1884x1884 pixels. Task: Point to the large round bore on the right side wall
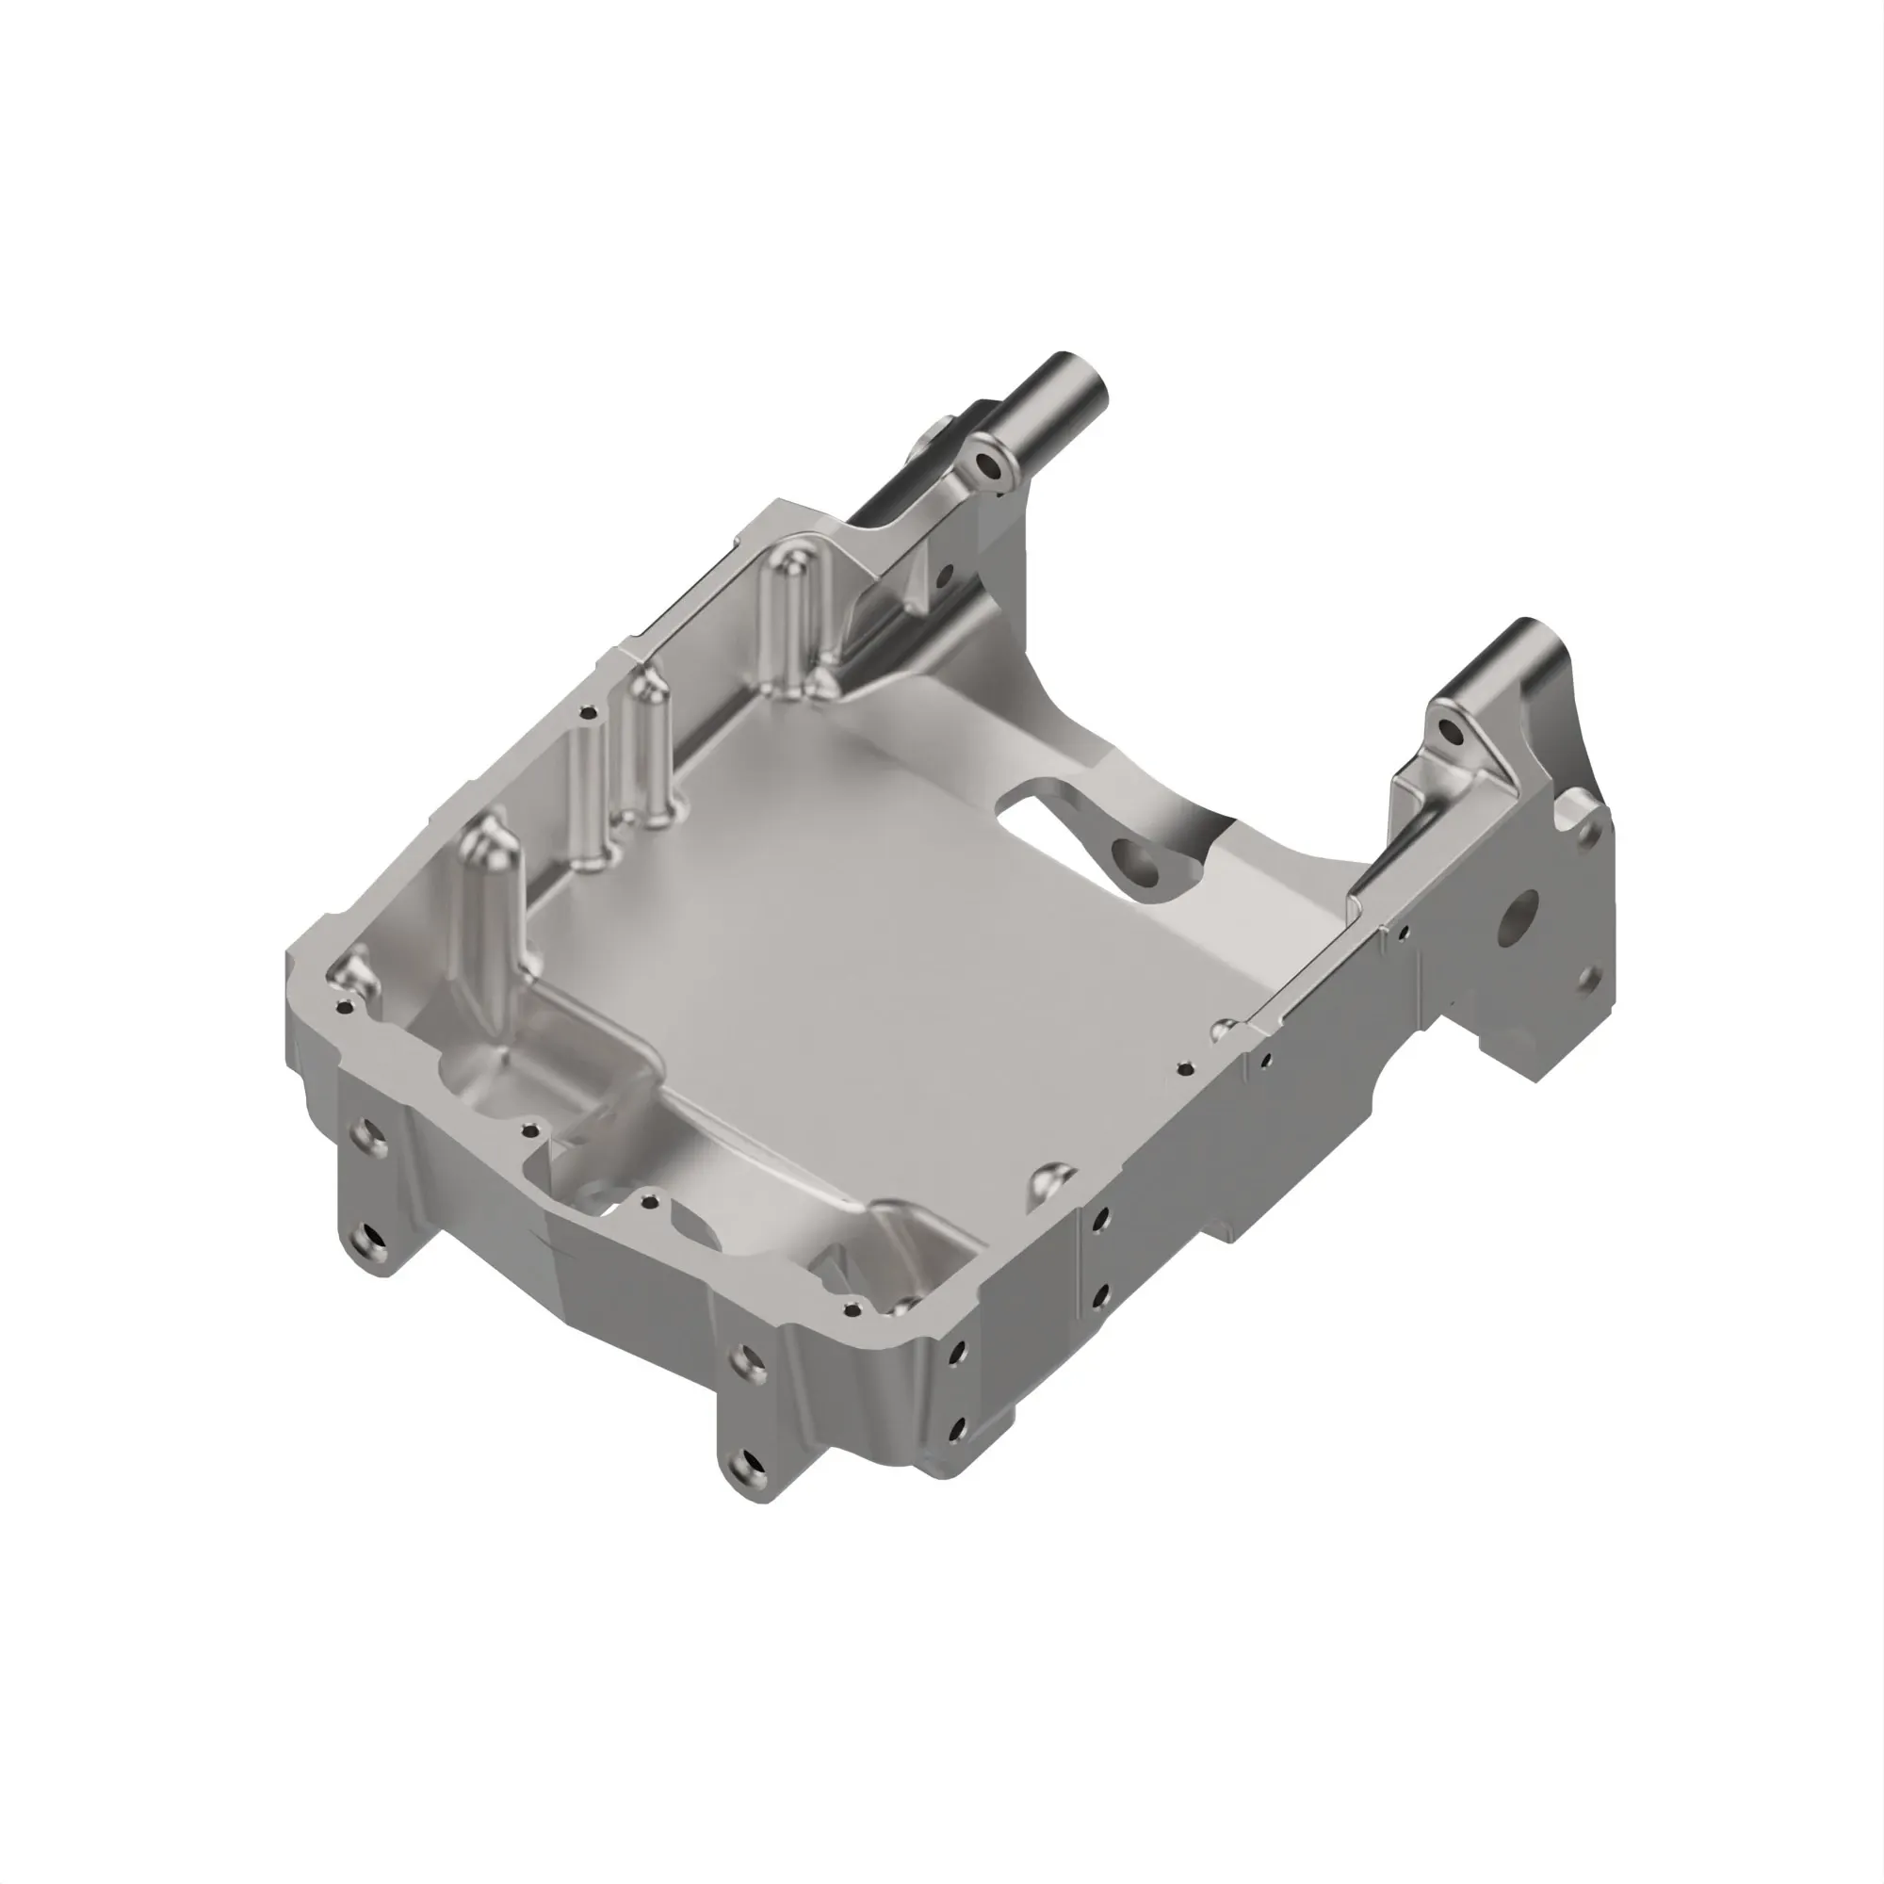[x=1520, y=916]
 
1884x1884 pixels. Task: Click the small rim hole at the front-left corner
[x=341, y=1003]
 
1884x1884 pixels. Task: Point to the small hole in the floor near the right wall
[x=1185, y=1068]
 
